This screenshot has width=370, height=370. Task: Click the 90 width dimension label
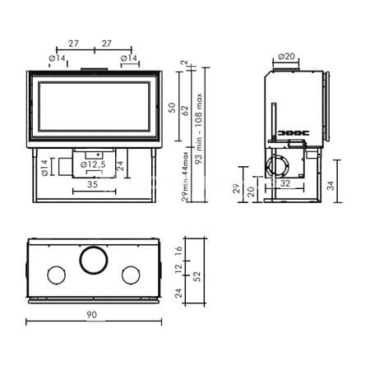[92, 315]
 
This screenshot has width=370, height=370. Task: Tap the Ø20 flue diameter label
[286, 57]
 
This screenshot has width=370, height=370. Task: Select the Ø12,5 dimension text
[93, 164]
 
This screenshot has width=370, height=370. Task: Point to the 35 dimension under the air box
[92, 184]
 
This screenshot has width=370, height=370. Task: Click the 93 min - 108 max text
[198, 128]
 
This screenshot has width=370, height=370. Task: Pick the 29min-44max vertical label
[185, 176]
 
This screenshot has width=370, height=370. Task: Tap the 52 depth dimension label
[197, 276]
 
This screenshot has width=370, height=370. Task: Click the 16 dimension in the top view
[178, 251]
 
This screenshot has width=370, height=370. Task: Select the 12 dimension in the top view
[178, 269]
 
